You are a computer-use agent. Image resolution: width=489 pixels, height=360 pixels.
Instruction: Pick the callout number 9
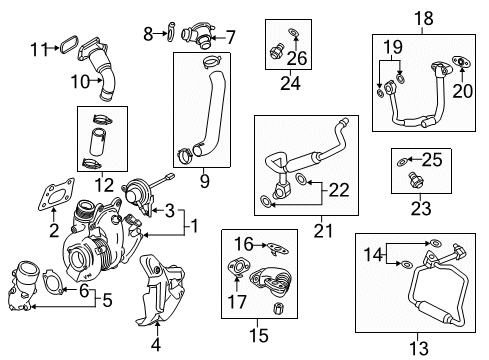pos(204,181)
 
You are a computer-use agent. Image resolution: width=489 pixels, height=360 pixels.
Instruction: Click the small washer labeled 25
pos(400,160)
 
